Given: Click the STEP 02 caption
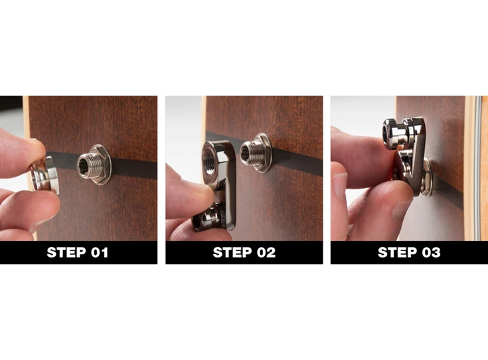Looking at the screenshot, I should (x=244, y=252).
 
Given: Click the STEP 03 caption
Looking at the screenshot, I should (x=408, y=252).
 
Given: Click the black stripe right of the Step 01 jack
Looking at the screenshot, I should (x=133, y=167).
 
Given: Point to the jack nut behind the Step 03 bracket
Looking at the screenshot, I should (x=426, y=174).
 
